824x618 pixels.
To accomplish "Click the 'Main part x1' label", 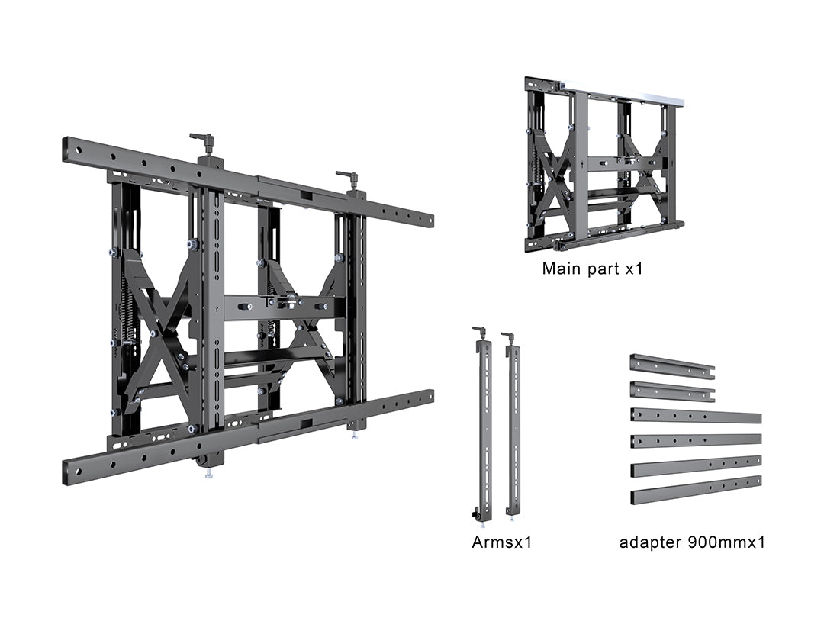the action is click(x=592, y=269).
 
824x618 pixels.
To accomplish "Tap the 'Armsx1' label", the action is click(x=502, y=542).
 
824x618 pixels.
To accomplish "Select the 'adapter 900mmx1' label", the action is click(x=692, y=542).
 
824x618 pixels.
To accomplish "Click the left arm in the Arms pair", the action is click(x=482, y=426).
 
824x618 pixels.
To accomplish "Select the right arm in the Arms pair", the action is click(x=513, y=426).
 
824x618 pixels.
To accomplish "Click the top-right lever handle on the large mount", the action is click(x=348, y=177).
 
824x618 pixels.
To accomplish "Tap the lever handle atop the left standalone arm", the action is click(x=479, y=331).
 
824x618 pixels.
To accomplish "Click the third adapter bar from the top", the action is click(x=696, y=416).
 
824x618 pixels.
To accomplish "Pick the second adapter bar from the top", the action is click(x=672, y=391).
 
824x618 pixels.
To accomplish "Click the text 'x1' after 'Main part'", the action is click(x=634, y=269).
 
